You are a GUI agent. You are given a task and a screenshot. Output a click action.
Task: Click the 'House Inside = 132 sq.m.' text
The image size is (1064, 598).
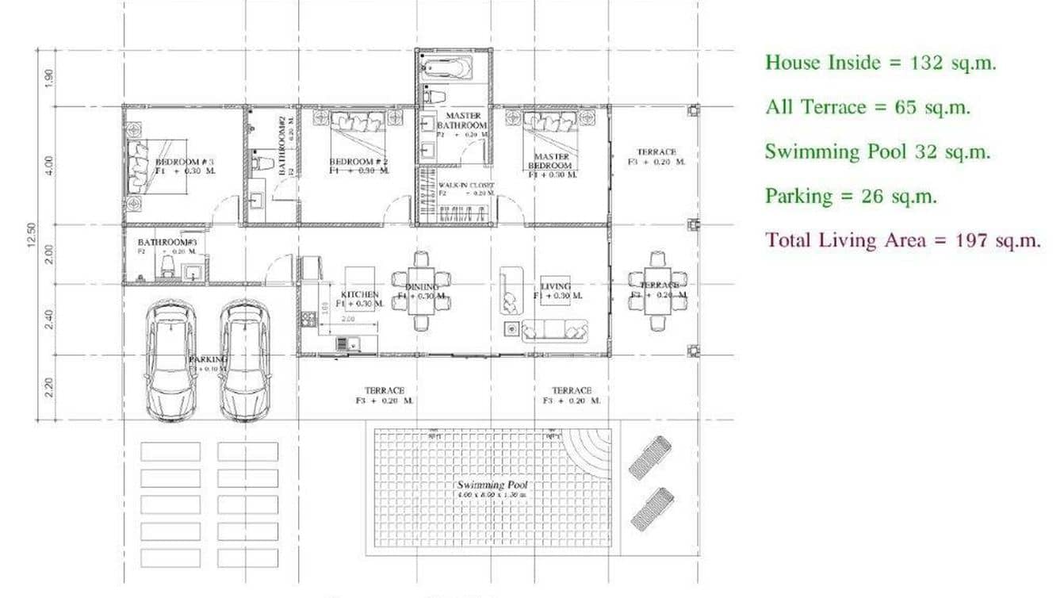pyautogui.click(x=880, y=63)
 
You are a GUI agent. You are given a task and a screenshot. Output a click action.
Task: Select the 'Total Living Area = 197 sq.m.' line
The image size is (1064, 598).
pyautogui.click(x=903, y=240)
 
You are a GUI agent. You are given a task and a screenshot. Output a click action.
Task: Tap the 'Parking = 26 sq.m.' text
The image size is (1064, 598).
pyautogui.click(x=851, y=196)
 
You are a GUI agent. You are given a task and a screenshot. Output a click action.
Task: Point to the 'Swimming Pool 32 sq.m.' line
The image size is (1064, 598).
pyautogui.click(x=878, y=151)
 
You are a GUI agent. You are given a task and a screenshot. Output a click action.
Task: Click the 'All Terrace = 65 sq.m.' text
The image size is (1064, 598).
pyautogui.click(x=867, y=107)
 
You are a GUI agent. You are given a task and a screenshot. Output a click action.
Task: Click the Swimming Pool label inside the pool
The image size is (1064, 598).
pyautogui.click(x=492, y=485)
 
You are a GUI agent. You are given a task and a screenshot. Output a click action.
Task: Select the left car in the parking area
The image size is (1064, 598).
pyautogui.click(x=171, y=361)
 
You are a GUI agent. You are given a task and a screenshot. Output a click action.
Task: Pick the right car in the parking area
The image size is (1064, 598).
pyautogui.click(x=245, y=361)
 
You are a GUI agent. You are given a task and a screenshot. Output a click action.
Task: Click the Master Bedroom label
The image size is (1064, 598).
pyautogui.click(x=551, y=161)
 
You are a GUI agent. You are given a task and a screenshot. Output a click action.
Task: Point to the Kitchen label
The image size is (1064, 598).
pyautogui.click(x=361, y=294)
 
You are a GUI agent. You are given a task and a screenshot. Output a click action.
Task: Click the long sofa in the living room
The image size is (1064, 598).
pyautogui.click(x=554, y=329)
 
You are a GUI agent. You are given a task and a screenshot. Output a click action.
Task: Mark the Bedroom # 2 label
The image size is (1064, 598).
pyautogui.click(x=350, y=162)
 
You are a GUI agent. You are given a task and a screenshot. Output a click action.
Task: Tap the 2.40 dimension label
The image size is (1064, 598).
pyautogui.click(x=49, y=319)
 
